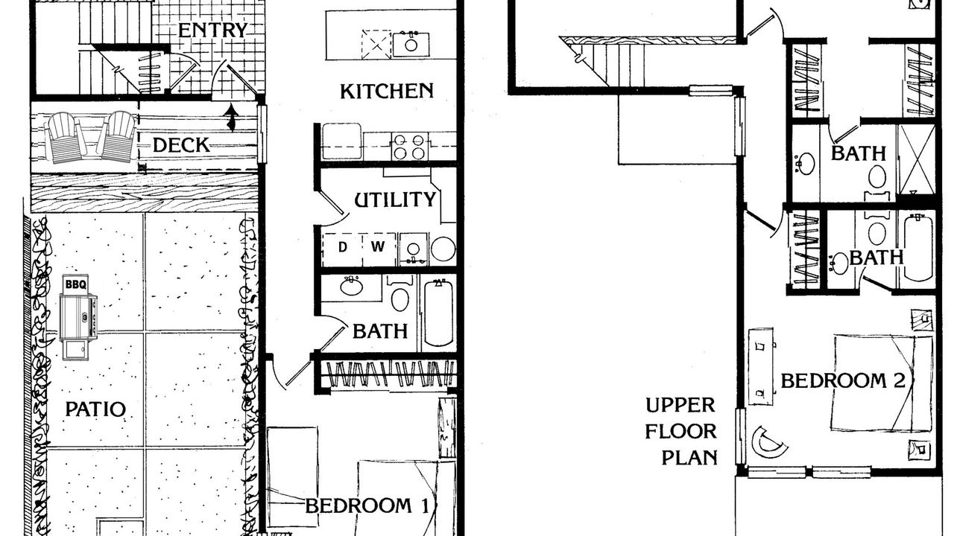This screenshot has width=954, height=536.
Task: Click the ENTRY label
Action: tap(212, 31)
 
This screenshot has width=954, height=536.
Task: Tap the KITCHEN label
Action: tap(387, 91)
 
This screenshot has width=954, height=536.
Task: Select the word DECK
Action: tap(181, 145)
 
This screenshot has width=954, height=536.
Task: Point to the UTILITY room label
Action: tap(395, 200)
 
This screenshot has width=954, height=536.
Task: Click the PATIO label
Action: tap(95, 409)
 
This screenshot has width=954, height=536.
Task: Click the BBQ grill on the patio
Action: tap(78, 317)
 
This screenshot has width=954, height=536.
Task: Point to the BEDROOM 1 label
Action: tap(367, 506)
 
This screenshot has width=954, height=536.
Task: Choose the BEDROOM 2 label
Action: tap(843, 380)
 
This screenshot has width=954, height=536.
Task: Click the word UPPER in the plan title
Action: tap(680, 405)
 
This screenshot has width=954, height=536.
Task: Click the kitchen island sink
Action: tap(411, 44)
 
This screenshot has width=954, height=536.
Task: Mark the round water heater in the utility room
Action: tap(443, 249)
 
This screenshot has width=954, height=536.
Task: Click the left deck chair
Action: tap(65, 137)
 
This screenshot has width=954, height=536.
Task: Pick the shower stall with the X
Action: tap(916, 159)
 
